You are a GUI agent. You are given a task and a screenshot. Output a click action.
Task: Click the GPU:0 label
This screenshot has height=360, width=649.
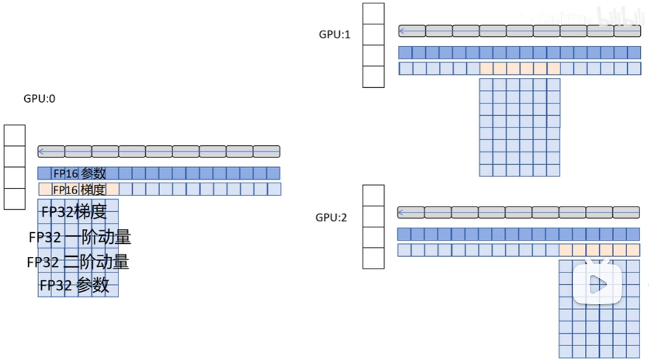[39, 99]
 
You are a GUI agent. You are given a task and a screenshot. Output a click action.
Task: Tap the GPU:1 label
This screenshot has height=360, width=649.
[335, 34]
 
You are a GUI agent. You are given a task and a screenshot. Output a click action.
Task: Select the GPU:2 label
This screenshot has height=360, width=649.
[331, 217]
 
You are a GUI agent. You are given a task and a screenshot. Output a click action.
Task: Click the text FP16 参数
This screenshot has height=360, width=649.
[80, 173]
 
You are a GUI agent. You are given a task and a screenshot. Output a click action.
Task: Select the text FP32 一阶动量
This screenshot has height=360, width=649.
[80, 237]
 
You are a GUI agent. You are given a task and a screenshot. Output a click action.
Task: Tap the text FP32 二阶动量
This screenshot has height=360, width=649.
[78, 262]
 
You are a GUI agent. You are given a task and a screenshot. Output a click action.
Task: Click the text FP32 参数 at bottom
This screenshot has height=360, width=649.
[74, 285]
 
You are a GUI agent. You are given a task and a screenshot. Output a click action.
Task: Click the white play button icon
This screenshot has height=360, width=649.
[597, 284]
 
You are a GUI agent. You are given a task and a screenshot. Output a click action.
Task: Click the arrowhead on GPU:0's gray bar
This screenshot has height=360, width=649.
[42, 151]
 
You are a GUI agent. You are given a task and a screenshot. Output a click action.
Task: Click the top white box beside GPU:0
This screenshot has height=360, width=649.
[15, 136]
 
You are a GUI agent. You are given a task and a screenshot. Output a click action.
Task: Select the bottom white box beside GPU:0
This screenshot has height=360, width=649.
[15, 198]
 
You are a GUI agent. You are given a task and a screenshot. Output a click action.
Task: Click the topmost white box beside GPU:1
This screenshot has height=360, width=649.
[374, 13]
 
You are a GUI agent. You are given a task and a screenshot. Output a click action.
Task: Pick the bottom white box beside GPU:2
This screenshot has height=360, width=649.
[374, 257]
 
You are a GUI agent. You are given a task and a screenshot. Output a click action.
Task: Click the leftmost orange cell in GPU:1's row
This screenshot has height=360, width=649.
[486, 69]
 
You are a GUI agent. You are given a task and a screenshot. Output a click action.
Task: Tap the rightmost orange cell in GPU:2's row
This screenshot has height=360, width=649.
[633, 250]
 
